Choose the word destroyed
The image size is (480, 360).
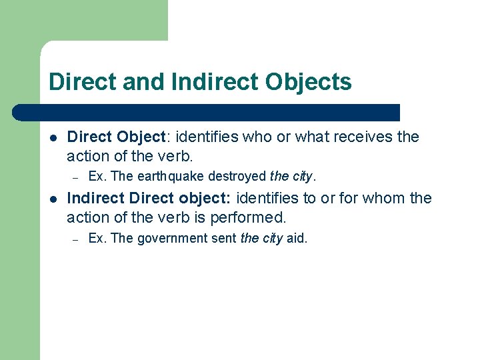237,177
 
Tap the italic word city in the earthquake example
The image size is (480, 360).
302,177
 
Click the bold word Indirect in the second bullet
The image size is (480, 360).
96,199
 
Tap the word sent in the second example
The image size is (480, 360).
224,238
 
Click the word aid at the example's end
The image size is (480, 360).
296,238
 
